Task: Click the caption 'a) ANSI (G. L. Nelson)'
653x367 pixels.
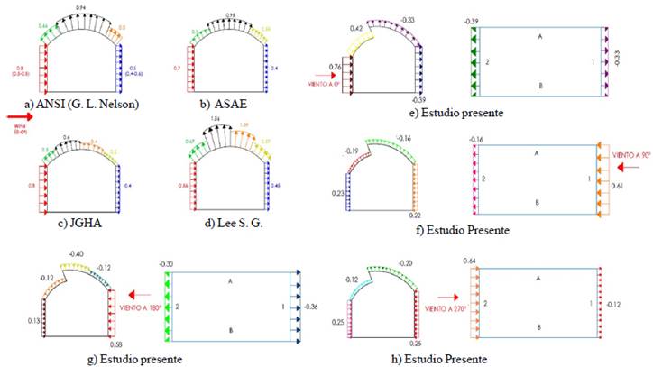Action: (x=82, y=105)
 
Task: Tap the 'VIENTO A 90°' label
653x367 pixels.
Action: (x=630, y=156)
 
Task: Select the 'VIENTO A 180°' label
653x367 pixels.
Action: (x=143, y=294)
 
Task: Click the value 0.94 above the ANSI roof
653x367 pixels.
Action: (x=82, y=7)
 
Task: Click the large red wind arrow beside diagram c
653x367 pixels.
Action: (x=15, y=116)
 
